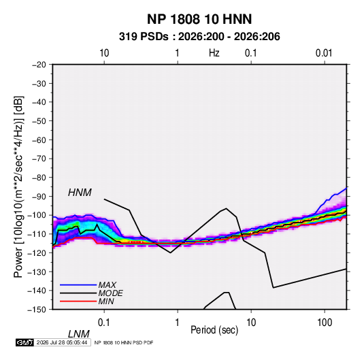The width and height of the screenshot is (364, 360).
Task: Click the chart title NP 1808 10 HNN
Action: [x=199, y=19]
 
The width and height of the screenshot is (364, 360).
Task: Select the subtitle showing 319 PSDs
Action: [x=199, y=37]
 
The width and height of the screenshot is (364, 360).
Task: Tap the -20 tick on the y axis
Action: [x=39, y=65]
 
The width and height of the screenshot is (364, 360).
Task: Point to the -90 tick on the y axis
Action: [x=39, y=196]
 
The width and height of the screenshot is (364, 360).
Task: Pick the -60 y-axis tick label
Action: [x=39, y=140]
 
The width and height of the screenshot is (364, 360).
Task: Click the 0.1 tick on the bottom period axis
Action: [x=104, y=323]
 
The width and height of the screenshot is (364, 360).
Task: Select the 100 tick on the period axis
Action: [x=325, y=323]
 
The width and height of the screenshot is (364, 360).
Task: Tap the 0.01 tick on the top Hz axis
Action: [x=324, y=53]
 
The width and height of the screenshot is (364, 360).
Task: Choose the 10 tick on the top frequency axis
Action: [x=104, y=53]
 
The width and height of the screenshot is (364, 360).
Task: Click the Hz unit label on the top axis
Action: [x=214, y=53]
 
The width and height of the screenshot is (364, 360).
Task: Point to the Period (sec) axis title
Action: [x=214, y=330]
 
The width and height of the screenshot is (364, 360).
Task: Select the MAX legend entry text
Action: [x=107, y=284]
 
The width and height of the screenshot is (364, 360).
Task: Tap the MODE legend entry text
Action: [x=110, y=293]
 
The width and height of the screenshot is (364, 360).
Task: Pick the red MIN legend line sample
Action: [x=78, y=301]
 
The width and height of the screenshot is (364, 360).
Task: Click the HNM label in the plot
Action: [x=80, y=193]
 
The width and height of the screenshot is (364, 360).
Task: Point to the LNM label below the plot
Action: [x=79, y=334]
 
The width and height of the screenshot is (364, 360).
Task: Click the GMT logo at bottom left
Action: [x=25, y=342]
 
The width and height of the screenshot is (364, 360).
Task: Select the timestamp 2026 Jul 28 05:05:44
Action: [x=62, y=342]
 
